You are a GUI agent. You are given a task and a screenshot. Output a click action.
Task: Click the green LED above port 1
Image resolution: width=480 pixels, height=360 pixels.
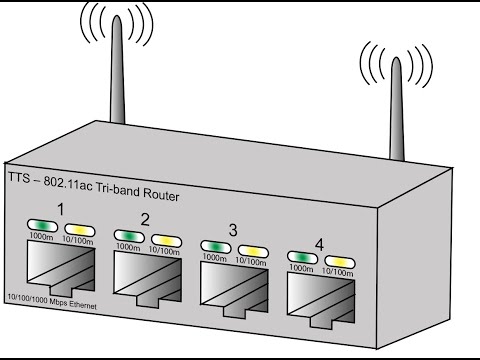[42, 226]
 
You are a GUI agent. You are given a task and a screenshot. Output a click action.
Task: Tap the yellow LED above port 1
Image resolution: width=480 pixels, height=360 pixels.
[80, 230]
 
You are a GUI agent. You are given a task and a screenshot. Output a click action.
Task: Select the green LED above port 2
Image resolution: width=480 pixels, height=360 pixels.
[129, 236]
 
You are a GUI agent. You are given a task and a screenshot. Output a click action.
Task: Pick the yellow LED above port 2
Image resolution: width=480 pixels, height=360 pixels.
[166, 241]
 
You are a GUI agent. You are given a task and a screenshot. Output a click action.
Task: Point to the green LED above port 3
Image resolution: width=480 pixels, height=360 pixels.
[216, 247]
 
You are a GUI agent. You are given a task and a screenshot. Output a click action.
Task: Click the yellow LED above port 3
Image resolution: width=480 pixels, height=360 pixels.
[253, 251]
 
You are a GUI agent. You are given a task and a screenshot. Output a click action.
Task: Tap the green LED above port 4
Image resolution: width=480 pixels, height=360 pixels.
[302, 257]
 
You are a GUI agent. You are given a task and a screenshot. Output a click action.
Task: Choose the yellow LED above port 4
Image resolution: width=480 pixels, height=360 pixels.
[340, 262]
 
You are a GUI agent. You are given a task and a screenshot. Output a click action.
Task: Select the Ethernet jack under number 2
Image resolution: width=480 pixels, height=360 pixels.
[148, 279]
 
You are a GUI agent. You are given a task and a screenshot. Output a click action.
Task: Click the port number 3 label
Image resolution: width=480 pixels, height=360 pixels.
[233, 230]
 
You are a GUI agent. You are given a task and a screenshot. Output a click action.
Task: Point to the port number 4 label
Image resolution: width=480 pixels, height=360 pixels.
[319, 245]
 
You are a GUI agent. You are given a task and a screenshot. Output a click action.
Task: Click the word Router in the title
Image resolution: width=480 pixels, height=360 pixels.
[161, 194]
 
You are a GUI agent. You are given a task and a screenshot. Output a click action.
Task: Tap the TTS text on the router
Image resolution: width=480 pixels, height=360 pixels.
[19, 177]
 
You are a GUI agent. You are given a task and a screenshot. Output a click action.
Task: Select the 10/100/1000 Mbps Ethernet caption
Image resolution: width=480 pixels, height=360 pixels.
[52, 301]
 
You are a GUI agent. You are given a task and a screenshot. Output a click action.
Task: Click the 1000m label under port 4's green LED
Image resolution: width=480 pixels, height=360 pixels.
[301, 268]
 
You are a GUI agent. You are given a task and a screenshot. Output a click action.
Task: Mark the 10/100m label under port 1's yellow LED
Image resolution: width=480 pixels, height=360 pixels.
[78, 240]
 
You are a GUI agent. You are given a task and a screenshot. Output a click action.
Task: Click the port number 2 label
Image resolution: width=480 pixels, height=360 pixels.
[145, 220]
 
